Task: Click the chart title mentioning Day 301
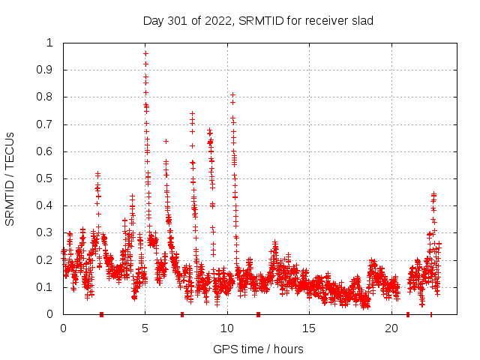258,20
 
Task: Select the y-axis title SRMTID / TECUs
10,178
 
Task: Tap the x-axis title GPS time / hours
258,349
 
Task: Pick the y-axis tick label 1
50,43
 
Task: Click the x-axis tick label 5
145,328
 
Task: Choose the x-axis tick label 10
227,328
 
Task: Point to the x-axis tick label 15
310,328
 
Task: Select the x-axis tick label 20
391,328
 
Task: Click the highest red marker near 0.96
145,53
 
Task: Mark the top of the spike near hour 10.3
232,95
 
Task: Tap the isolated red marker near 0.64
166,141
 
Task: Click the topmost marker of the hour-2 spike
97,174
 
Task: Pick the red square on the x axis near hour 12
258,314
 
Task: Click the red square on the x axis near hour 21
408,314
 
